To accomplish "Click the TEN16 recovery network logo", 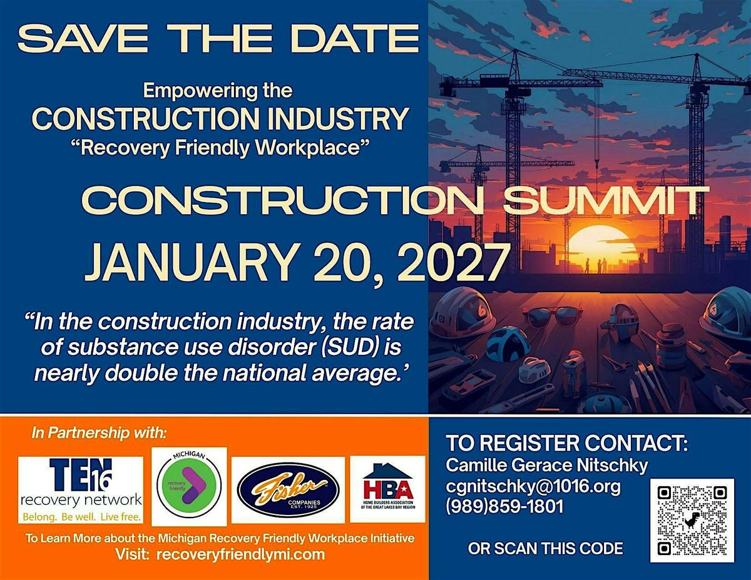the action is coord(81,490).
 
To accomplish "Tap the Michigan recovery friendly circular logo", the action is coord(189,486).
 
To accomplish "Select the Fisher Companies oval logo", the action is coord(289,490).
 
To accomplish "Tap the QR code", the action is coord(692,521).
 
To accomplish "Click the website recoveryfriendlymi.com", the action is coord(240,554).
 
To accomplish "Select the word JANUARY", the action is coord(191,262).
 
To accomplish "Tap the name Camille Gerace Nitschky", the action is coord(547,466).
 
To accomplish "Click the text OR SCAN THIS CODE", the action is coord(546,548).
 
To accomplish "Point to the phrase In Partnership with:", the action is coord(99,432).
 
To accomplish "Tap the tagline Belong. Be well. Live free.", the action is coord(81,517).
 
